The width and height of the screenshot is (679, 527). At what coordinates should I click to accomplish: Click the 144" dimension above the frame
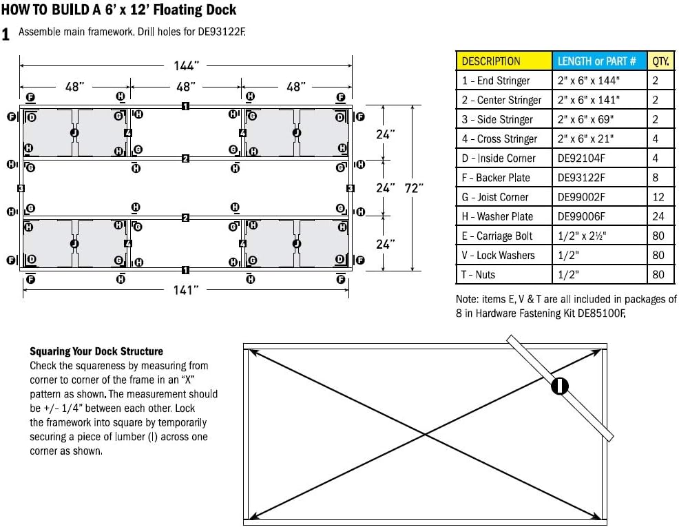(186, 65)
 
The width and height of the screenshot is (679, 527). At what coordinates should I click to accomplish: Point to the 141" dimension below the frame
(186, 290)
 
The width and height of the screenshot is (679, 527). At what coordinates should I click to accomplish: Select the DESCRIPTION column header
(491, 61)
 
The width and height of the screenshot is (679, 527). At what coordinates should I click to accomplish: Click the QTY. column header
(660, 61)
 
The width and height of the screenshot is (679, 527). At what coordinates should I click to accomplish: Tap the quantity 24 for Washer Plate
(658, 216)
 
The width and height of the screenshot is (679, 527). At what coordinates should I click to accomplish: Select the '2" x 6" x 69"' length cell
(585, 119)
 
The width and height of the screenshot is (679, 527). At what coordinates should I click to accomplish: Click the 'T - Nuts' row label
(478, 274)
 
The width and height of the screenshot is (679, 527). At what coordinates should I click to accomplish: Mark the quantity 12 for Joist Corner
(658, 197)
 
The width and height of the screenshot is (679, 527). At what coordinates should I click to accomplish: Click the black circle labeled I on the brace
(560, 386)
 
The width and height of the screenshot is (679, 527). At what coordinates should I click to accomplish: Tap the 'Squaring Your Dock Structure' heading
(96, 351)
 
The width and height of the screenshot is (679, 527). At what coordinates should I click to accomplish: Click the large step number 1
(6, 34)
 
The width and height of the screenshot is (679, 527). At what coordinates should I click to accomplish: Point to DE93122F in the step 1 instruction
(220, 32)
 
